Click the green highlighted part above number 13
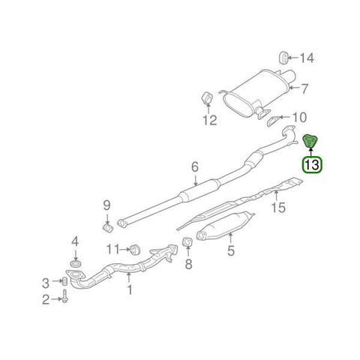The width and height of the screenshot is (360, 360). (310, 141)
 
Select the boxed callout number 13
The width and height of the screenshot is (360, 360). (312, 165)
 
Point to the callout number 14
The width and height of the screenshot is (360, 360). (307, 58)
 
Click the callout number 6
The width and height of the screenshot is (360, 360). (195, 167)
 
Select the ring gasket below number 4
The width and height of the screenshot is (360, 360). (75, 263)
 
